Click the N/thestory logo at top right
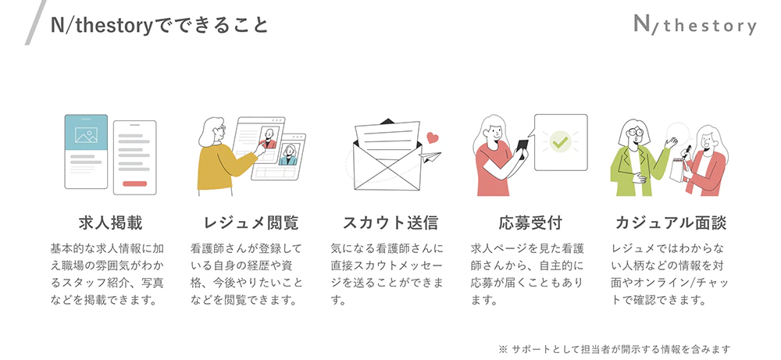pyautogui.click(x=695, y=24)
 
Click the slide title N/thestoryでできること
pyautogui.click(x=159, y=25)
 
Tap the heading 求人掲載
pyautogui.click(x=111, y=223)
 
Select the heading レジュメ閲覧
pyautogui.click(x=251, y=223)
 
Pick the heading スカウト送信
pyautogui.click(x=390, y=223)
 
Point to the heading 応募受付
pyautogui.click(x=530, y=223)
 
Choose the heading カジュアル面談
pyautogui.click(x=670, y=223)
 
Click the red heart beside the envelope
pyautogui.click(x=433, y=137)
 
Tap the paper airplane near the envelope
pyautogui.click(x=430, y=156)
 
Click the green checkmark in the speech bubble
pyautogui.click(x=561, y=142)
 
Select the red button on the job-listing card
pyautogui.click(x=134, y=184)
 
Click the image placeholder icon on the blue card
pyautogui.click(x=86, y=135)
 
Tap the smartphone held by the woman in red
pyautogui.click(x=522, y=148)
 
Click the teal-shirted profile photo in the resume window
pyautogui.click(x=288, y=155)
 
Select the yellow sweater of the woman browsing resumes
pyautogui.click(x=223, y=167)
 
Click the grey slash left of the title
pyautogui.click(x=35, y=23)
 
